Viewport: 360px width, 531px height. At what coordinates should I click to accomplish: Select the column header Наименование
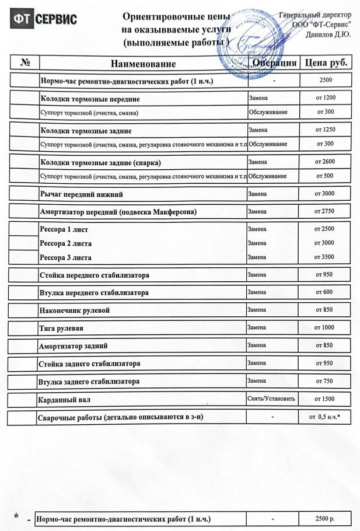tap(142, 64)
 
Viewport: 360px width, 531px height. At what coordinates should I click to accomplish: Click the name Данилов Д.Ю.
tap(328, 34)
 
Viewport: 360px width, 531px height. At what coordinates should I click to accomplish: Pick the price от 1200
tap(325, 97)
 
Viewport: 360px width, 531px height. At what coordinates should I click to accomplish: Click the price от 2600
tap(325, 162)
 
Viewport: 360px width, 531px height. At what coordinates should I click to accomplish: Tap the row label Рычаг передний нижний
tap(81, 194)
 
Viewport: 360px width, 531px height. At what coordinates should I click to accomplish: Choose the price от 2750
tap(324, 211)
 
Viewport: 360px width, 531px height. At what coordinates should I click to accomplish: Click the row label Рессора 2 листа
tap(65, 243)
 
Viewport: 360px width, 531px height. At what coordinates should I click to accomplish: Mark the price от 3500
tap(324, 257)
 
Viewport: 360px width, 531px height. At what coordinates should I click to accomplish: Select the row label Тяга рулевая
tap(61, 328)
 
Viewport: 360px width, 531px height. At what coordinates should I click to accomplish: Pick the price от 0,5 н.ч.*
tap(324, 417)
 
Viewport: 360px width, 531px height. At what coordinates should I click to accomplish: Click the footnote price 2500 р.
tap(324, 519)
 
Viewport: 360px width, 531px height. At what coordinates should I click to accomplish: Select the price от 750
tap(324, 381)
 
